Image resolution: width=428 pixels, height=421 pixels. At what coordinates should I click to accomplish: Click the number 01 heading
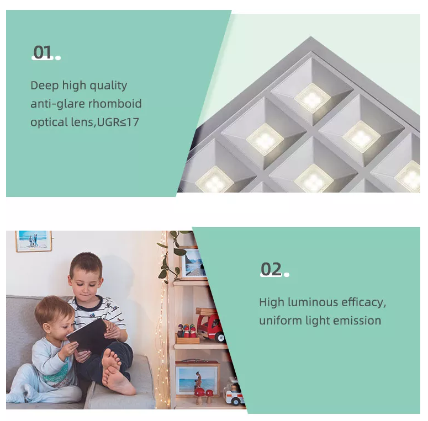click(43, 52)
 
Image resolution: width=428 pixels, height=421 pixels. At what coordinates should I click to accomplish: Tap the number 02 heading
click(271, 269)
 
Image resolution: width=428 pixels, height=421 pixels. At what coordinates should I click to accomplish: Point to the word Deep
click(45, 86)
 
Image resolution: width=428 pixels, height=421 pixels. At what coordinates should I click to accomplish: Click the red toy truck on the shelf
click(210, 324)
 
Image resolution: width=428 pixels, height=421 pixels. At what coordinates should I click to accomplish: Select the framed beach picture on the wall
click(34, 241)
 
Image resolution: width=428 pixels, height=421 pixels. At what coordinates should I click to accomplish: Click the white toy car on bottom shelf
click(234, 392)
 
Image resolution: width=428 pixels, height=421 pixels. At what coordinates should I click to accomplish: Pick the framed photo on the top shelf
click(193, 263)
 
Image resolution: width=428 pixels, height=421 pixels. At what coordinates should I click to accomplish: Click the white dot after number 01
click(58, 58)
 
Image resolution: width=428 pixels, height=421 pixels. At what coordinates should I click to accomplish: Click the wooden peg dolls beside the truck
click(186, 331)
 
